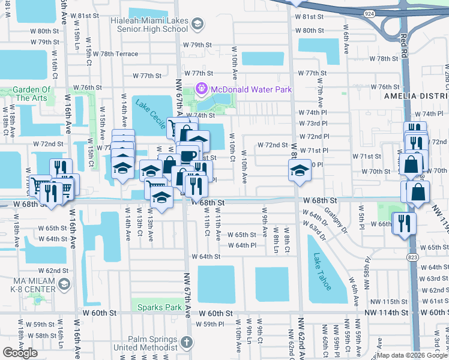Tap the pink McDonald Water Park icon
click(x=200, y=89)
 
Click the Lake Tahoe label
click(x=322, y=271)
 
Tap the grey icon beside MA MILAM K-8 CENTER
click(x=64, y=284)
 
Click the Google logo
click(x=20, y=353)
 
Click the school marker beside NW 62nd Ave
click(x=299, y=171)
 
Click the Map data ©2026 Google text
click(x=412, y=355)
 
